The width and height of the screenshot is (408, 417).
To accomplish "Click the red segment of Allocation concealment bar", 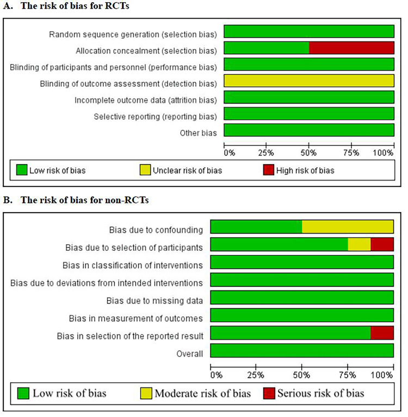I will pos(351,48).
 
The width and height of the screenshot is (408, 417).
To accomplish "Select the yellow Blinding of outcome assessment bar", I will pos(309,82).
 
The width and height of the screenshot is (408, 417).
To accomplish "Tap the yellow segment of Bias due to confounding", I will pos(347,227).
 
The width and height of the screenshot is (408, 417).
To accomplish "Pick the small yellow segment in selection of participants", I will pos(359,244).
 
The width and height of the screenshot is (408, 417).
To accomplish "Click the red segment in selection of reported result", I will pos(382,333).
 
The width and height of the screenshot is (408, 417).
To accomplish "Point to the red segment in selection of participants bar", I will pos(382,244).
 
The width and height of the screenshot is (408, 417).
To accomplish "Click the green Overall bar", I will pos(302,350).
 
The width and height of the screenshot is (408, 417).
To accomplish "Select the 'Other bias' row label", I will pos(199,133).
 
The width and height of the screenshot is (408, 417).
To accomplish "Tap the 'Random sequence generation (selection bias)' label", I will pos(133,34).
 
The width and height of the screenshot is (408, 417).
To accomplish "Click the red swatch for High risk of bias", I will pos(268,170).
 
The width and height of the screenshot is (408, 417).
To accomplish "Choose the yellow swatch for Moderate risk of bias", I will pos(146,392).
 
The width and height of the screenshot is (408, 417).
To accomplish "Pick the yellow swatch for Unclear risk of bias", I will pos(146,170).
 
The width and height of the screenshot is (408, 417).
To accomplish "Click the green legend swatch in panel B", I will pos(23,392).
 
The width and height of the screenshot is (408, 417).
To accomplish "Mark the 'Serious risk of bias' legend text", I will pos(320,393).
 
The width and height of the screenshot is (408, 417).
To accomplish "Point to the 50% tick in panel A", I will pos(309,152).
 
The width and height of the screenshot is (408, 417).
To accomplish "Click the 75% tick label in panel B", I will pos(347,375).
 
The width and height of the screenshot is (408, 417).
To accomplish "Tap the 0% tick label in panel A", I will pos(229,152).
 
